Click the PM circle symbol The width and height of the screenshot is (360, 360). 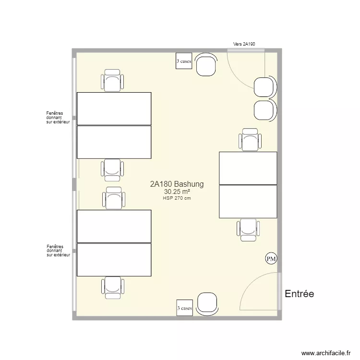click(271, 259)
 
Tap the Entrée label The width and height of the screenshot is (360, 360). click(300, 294)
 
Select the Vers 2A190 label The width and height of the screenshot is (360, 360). click(244, 44)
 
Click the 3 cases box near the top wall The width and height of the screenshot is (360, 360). click(184, 61)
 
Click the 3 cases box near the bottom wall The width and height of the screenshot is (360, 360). click(185, 308)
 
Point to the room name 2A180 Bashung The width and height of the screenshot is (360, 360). click(177, 184)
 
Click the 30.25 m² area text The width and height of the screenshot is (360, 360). click(177, 192)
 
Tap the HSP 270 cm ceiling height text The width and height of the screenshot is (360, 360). click(177, 198)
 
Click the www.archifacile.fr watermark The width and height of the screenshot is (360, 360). click(326, 353)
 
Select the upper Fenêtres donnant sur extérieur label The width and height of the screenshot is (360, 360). click(58, 118)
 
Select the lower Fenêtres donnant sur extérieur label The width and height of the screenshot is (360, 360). click(58, 251)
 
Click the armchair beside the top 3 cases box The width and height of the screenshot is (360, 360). click(206, 64)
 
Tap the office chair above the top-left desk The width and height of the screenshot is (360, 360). click(112, 80)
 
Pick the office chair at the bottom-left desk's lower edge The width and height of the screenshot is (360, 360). click(113, 288)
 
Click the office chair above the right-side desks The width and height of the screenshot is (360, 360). click(250, 140)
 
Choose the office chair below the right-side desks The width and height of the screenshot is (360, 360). click(248, 230)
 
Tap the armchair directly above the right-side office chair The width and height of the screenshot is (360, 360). click(265, 110)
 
